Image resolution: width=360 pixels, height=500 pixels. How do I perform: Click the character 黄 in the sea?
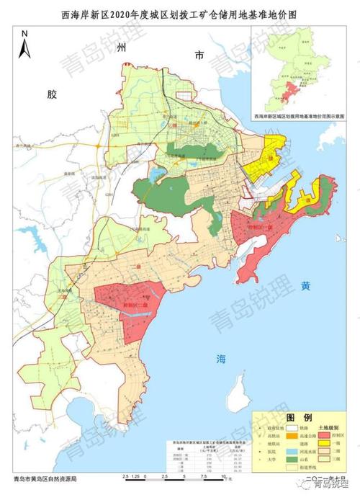pyautogui.click(x=306, y=285)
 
